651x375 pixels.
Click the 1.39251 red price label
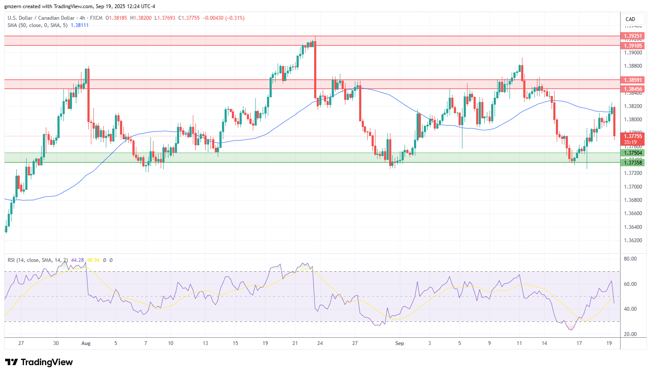click(633, 36)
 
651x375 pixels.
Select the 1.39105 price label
click(633, 46)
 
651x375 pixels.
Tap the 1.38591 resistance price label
click(633, 80)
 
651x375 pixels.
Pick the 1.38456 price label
click(633, 89)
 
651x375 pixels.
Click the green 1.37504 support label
click(633, 153)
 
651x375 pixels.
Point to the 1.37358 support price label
click(633, 162)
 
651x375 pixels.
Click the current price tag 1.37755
click(633, 136)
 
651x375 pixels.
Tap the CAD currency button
click(630, 19)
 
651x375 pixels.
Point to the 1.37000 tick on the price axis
click(633, 187)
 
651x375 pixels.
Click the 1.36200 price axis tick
click(633, 240)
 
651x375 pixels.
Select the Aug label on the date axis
click(86, 343)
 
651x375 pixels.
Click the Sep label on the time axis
click(399, 343)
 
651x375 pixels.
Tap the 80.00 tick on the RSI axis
click(630, 259)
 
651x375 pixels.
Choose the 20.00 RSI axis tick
click(630, 334)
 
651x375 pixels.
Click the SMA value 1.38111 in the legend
click(79, 25)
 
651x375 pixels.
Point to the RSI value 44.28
click(78, 260)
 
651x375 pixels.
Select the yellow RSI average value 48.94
click(93, 260)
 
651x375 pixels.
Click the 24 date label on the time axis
click(320, 343)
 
